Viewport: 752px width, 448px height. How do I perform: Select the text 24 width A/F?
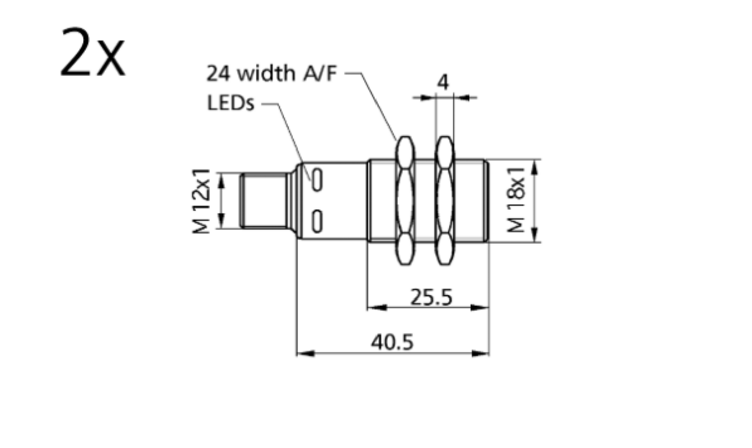(271, 73)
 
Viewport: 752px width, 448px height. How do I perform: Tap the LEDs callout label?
(231, 103)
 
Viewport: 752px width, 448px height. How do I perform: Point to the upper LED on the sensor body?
(317, 180)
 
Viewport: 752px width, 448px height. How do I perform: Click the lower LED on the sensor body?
(317, 221)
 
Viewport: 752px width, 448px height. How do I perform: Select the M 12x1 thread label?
(202, 201)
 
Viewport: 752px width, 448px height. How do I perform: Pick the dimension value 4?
(443, 82)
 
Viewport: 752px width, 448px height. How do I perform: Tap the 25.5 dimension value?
(431, 297)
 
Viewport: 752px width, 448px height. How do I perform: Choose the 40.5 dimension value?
(392, 342)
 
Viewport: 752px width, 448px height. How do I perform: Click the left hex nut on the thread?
(405, 201)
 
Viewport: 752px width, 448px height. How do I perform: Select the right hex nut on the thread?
(444, 201)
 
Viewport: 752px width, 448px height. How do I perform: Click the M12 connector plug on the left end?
(263, 200)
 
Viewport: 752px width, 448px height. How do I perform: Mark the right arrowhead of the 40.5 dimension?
(481, 353)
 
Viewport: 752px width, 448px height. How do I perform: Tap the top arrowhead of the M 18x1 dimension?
(534, 167)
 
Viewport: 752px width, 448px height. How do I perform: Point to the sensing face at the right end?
(487, 201)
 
